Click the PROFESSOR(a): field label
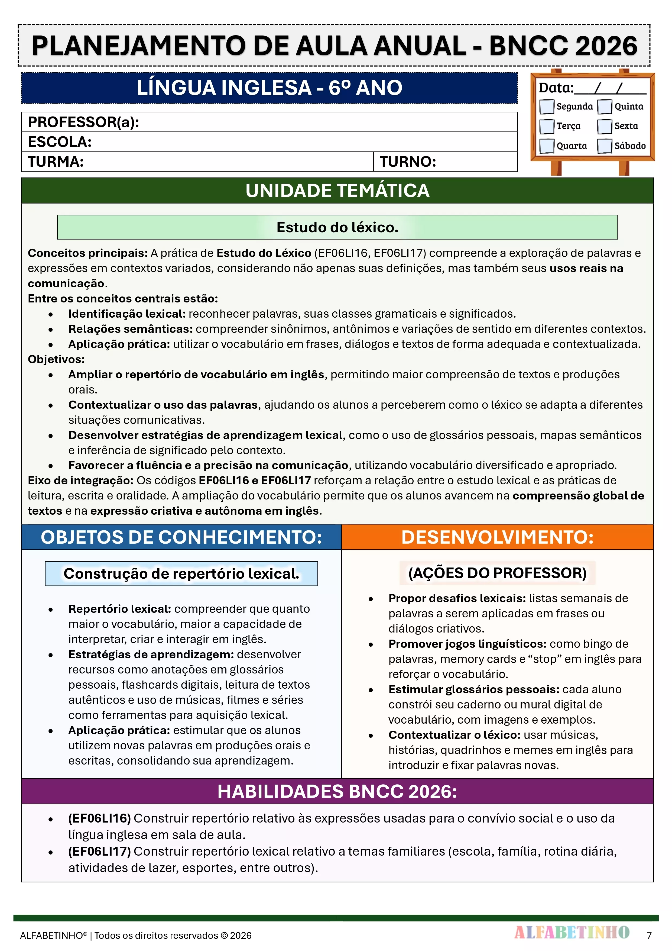[83, 122]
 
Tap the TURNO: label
[408, 162]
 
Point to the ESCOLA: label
[60, 142]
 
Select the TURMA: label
[56, 162]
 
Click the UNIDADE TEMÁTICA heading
[337, 191]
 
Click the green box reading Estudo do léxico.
[337, 227]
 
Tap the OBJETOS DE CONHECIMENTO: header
[181, 537]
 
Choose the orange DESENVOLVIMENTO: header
[497, 537]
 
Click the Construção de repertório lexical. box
[181, 574]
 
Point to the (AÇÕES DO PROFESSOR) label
[497, 573]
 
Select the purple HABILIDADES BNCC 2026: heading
[337, 792]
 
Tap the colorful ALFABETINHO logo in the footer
[572, 932]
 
